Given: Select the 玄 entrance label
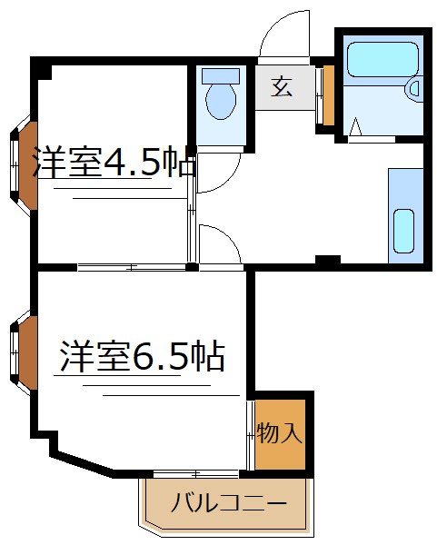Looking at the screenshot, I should tap(282, 88).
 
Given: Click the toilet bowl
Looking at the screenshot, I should tap(220, 102).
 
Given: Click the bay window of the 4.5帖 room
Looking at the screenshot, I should tap(21, 166).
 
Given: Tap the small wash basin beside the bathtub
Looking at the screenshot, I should tap(414, 89).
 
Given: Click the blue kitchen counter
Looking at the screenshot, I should tap(405, 215).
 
